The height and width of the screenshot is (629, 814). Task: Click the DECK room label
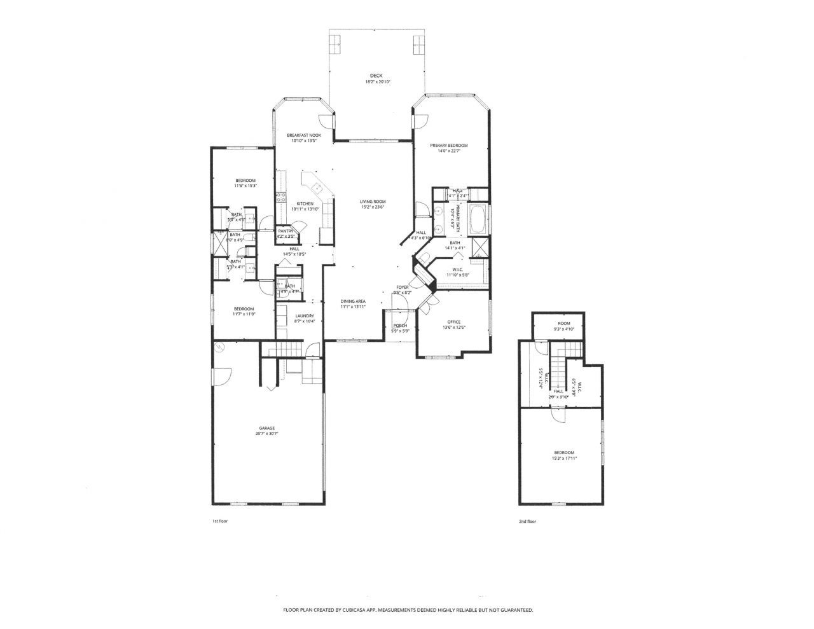[376, 76]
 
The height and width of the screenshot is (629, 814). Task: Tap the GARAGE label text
[266, 427]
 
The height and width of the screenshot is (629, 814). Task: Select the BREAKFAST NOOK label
[303, 135]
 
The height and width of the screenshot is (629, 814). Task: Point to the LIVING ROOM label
[373, 202]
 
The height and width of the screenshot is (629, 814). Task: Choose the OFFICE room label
[453, 322]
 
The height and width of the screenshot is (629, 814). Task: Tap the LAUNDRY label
[305, 315]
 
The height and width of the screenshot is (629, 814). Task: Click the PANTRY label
[286, 231]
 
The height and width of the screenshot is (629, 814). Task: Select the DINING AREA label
[353, 301]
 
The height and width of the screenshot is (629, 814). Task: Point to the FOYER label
[403, 287]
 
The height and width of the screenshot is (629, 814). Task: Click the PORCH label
[400, 326]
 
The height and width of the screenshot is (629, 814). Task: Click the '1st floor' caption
[219, 521]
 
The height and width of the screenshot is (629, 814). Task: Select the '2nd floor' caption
[527, 521]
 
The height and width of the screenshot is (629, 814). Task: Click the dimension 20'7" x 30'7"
[266, 433]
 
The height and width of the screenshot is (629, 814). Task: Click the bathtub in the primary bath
[478, 219]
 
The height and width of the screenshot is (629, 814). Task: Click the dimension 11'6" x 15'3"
[245, 186]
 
